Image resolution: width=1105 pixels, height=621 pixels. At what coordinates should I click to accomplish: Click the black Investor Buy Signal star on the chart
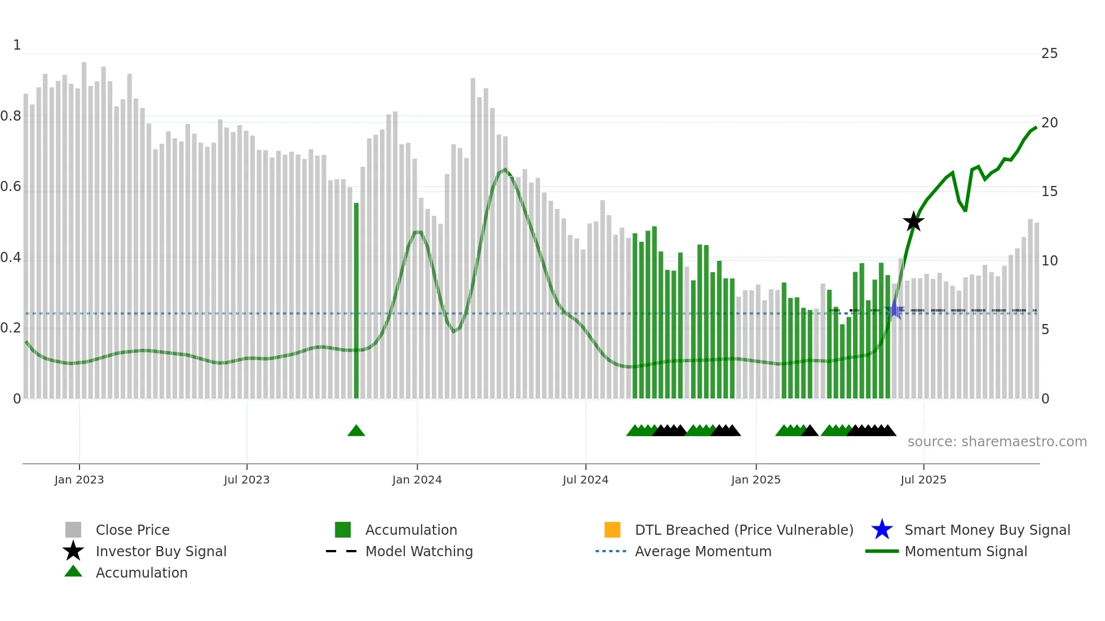[x=913, y=221]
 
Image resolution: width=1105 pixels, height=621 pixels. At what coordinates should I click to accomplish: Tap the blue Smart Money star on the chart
[x=894, y=310]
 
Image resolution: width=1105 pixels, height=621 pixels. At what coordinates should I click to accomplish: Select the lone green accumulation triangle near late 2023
[x=356, y=431]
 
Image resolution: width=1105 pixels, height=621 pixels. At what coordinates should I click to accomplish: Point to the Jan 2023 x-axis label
[x=79, y=480]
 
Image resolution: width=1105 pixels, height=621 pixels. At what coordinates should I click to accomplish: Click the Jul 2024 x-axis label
[x=585, y=480]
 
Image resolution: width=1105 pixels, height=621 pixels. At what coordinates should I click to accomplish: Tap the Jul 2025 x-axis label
[x=923, y=480]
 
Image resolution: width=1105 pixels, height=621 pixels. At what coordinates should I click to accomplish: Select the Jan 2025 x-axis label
[x=755, y=480]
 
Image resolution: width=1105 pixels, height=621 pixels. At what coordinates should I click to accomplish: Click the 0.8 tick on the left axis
[x=11, y=117]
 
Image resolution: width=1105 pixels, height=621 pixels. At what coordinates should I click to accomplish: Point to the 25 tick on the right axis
[x=1049, y=54]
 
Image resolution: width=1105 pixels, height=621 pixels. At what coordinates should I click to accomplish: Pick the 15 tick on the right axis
[x=1049, y=192]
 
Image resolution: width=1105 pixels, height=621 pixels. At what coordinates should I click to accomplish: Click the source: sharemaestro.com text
[x=997, y=442]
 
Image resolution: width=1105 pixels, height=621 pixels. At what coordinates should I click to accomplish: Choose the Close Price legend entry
[x=132, y=530]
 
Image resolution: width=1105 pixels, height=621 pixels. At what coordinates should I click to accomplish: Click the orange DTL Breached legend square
[x=612, y=530]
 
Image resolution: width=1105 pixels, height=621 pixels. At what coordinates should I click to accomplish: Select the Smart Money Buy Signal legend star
[x=882, y=530]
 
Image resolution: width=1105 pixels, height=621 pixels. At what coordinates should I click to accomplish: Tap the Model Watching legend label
[x=419, y=552]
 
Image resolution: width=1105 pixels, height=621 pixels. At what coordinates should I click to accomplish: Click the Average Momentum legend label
[x=703, y=552]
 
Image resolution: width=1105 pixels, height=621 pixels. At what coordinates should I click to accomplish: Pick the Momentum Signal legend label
[x=966, y=552]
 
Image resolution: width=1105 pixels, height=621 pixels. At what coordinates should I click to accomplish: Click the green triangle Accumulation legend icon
[x=73, y=572]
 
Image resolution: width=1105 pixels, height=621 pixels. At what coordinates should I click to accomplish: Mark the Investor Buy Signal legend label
[x=161, y=552]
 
